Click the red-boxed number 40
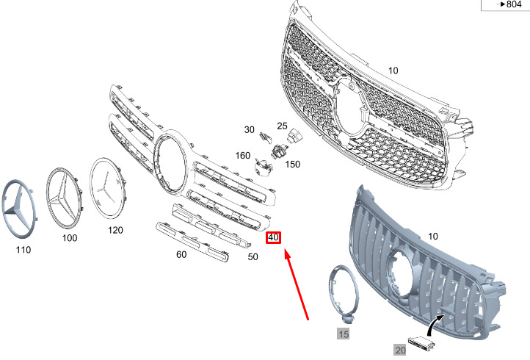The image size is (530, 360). point(273,237)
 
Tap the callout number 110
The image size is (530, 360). point(23,250)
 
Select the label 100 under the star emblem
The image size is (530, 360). point(70,238)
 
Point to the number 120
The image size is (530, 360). point(115,230)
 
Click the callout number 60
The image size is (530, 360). point(181,254)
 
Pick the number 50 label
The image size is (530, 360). point(253,256)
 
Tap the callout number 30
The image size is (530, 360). point(249,129)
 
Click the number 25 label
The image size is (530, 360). point(282,126)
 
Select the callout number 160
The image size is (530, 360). point(243,155)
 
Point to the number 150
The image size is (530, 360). point(292,164)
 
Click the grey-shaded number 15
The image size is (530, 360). point(344,334)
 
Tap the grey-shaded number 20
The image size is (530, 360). point(400,350)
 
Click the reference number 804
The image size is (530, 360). point(514,4)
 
